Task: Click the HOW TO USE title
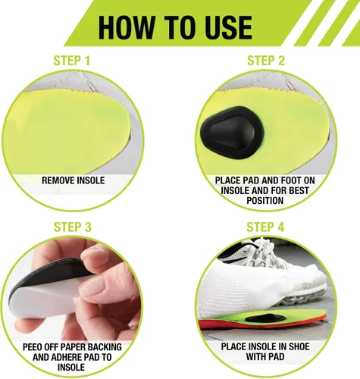(x=175, y=27)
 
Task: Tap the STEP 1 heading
(x=72, y=61)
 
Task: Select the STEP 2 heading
(x=266, y=61)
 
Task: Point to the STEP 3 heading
(x=72, y=227)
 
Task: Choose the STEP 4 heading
(x=265, y=227)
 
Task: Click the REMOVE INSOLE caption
(x=74, y=180)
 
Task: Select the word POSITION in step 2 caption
(x=265, y=201)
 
